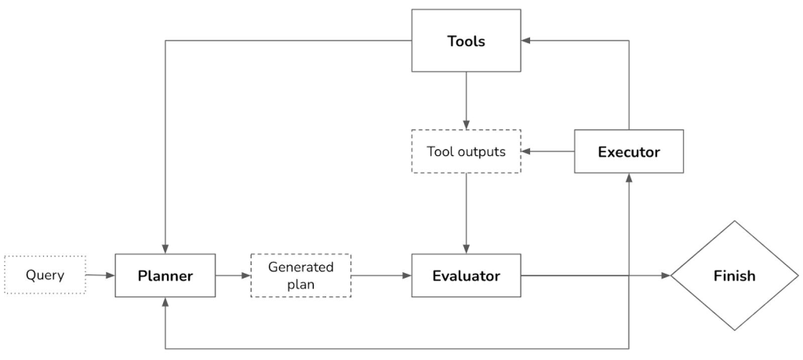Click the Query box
(x=45, y=275)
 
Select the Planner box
(x=165, y=275)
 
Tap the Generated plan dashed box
(x=300, y=275)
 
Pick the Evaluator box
(x=466, y=275)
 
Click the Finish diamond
(x=734, y=275)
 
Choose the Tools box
(x=466, y=41)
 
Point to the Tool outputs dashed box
(x=466, y=151)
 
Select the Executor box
(x=628, y=151)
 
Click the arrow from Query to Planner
(x=100, y=275)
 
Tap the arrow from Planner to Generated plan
(x=232, y=275)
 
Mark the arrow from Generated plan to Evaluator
(x=381, y=275)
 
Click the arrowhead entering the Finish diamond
(x=666, y=275)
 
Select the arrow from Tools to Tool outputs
(x=466, y=100)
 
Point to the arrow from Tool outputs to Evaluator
(x=466, y=213)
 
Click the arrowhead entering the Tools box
(x=527, y=41)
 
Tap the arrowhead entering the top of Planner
(x=165, y=248)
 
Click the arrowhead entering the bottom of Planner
(x=165, y=303)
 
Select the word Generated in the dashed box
(x=300, y=267)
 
